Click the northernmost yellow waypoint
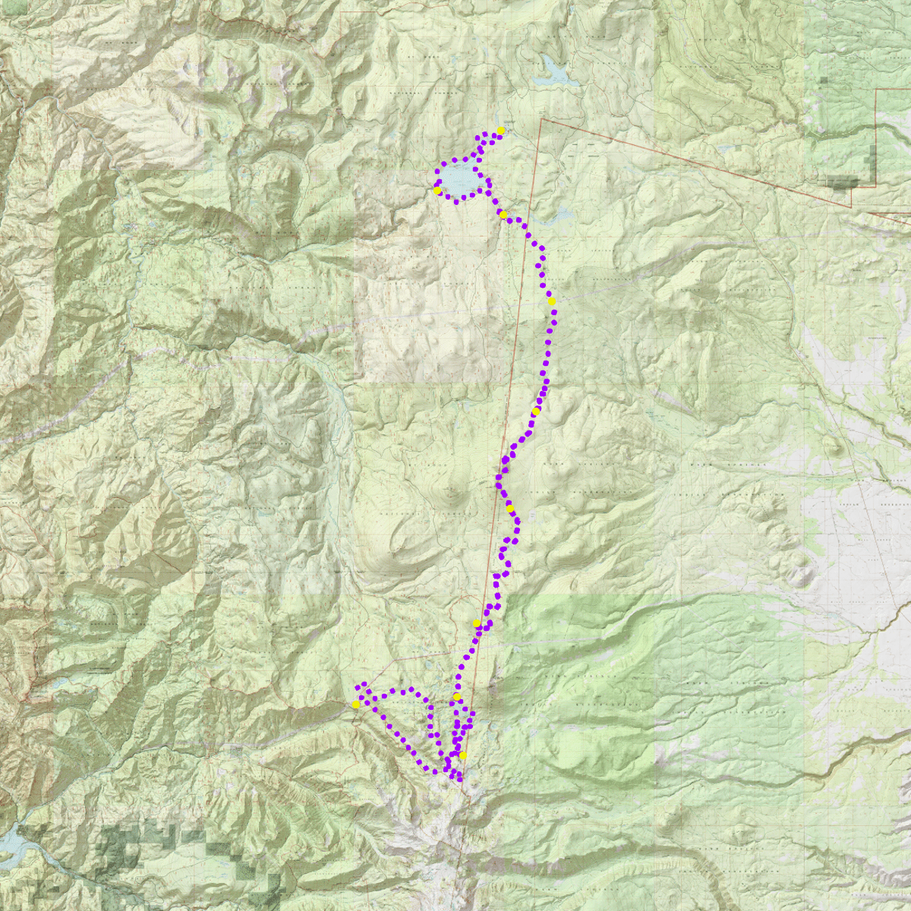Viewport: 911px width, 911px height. [502, 131]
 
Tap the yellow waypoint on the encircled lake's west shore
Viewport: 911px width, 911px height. [437, 191]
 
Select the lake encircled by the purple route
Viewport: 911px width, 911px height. [459, 179]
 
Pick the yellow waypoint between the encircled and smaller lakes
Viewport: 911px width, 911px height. [503, 215]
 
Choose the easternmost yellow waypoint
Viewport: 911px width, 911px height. [552, 301]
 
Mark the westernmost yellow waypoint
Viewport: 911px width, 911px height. [355, 705]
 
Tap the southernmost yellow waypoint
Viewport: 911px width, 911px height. [462, 755]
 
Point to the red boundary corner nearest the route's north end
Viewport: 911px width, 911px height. [540, 119]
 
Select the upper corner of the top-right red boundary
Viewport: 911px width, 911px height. [877, 90]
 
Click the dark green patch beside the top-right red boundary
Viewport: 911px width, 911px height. [843, 181]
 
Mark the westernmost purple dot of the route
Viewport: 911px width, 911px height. [356, 687]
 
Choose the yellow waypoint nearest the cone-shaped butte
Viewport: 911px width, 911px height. [511, 509]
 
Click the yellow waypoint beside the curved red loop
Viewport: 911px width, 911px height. [477, 623]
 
